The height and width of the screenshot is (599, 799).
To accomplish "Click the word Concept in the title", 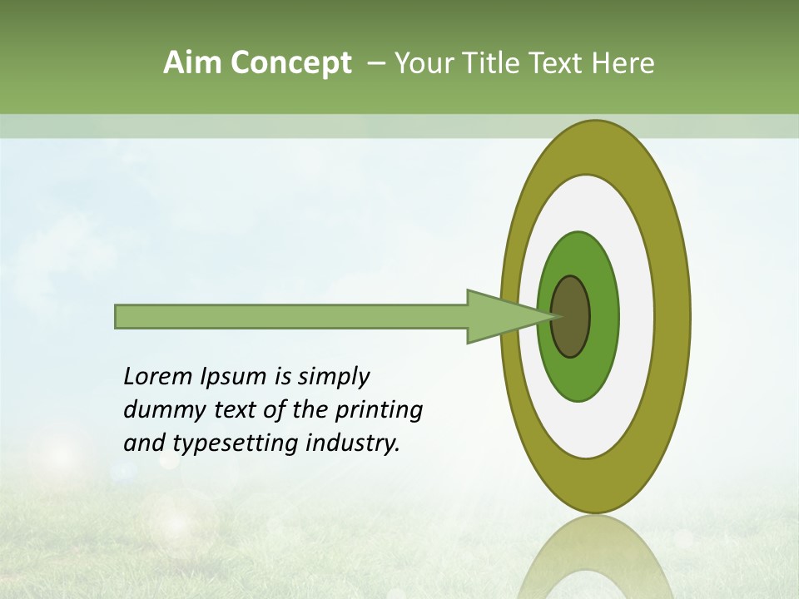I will [x=290, y=63].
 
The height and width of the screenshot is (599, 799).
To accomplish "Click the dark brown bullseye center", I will [x=570, y=316].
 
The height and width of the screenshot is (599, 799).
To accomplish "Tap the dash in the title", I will [x=375, y=63].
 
